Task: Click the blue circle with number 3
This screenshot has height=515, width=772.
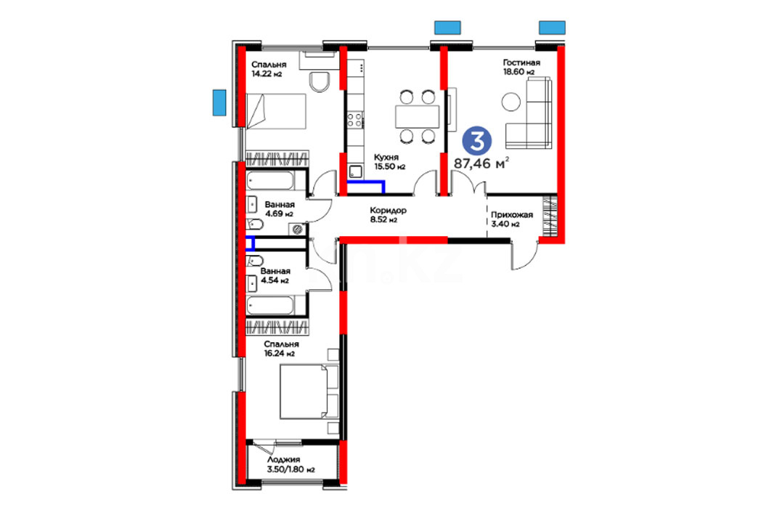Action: [x=477, y=140]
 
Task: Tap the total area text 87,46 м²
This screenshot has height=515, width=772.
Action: [x=481, y=163]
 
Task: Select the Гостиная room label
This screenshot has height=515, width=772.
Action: [x=521, y=62]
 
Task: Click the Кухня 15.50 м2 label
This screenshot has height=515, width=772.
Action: [x=389, y=161]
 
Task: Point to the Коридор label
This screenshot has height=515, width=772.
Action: [x=389, y=210]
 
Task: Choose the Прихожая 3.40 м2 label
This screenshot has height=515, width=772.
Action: [x=511, y=219]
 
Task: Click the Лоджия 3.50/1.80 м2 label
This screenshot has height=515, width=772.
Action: [x=291, y=464]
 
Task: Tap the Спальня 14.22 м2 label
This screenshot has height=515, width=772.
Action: [x=268, y=69]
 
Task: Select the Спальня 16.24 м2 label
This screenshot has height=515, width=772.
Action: [x=281, y=349]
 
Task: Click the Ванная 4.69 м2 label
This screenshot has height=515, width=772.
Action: [x=279, y=209]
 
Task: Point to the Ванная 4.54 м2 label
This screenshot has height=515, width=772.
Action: [x=275, y=276]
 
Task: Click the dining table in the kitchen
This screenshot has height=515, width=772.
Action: [x=417, y=117]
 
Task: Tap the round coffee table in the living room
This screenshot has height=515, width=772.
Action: [x=511, y=102]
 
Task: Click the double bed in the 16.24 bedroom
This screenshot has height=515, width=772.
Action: [x=309, y=392]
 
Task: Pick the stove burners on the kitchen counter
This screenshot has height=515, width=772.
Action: [x=355, y=120]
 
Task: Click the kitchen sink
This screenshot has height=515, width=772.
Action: [x=355, y=172]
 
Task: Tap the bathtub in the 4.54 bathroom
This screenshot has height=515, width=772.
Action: [x=270, y=305]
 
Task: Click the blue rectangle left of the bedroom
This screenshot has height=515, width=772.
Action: [x=219, y=102]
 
